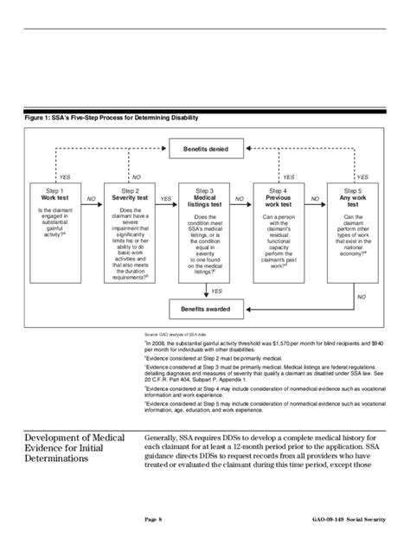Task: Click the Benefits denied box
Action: [205, 150]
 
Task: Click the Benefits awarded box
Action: [205, 309]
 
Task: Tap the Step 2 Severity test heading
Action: [131, 195]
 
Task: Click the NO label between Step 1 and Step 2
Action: [91, 199]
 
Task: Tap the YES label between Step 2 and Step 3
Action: [167, 199]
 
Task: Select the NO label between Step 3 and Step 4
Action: [242, 199]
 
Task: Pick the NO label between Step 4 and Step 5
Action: [315, 199]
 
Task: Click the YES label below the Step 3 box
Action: [217, 292]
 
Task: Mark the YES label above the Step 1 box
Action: [63, 176]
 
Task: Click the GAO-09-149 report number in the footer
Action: [332, 519]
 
